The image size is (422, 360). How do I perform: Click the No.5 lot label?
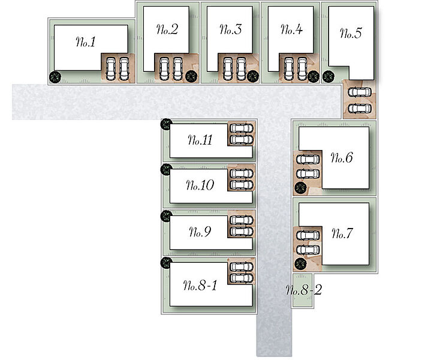350,33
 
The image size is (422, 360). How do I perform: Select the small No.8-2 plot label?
303,291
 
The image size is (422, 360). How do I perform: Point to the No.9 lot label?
199,232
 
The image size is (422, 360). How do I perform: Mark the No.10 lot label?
200,186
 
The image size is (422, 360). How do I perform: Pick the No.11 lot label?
200,141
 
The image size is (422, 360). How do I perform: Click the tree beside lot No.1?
55,76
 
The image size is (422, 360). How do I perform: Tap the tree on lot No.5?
328,76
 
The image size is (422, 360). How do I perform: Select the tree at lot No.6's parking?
300,188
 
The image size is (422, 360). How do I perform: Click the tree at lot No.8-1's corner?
166,262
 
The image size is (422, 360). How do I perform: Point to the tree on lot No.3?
252,76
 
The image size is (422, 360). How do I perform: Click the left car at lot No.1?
111,68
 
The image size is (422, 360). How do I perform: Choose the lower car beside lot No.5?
358,108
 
